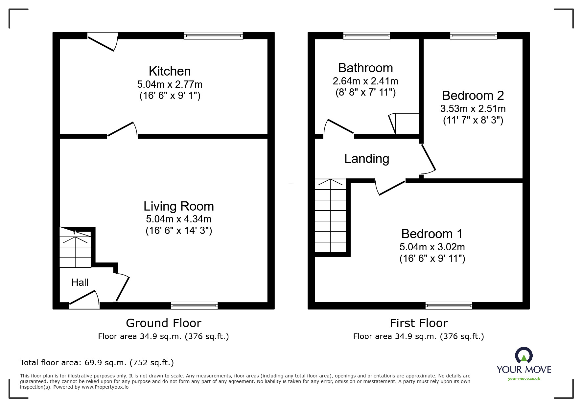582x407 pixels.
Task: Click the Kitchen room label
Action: [x=170, y=71]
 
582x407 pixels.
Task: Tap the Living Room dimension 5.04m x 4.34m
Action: [x=178, y=219]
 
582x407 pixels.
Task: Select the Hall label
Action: [x=80, y=283]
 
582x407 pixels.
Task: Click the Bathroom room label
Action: [x=365, y=68]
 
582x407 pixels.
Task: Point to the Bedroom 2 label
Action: [x=473, y=96]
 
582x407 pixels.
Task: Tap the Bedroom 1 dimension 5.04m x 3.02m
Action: [x=432, y=247]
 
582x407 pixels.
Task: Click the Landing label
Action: [x=367, y=159]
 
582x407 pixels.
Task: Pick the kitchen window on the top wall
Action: [x=213, y=36]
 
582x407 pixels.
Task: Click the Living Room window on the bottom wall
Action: [x=194, y=305]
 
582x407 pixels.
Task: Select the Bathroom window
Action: [x=366, y=36]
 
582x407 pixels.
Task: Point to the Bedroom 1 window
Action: [x=449, y=305]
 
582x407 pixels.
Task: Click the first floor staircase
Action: [x=330, y=216]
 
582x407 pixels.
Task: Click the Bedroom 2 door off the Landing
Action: [x=428, y=158]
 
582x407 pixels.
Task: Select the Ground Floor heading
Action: [x=163, y=323]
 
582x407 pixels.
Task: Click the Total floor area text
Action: [x=97, y=363]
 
